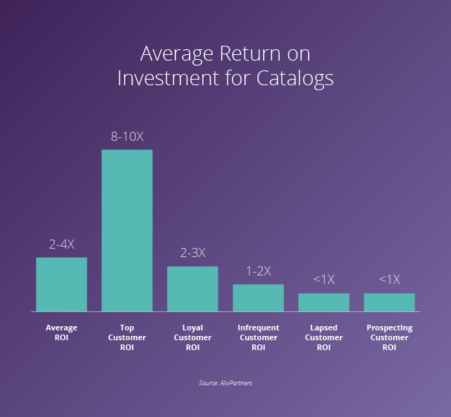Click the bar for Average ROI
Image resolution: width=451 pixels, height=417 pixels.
61,284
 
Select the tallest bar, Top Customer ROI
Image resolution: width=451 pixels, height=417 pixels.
127,230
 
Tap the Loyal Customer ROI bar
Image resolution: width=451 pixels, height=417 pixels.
192,289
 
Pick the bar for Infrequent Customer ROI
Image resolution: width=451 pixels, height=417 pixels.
258,297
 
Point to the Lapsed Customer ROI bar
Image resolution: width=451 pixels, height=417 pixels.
323,302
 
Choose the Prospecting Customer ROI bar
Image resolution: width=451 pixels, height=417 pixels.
389,302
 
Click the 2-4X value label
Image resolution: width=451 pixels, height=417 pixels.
61,244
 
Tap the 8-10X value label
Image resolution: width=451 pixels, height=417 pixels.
127,137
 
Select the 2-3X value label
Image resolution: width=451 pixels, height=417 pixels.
192,254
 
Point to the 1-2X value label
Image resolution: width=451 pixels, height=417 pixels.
258,271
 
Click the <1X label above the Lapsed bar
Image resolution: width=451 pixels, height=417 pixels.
323,280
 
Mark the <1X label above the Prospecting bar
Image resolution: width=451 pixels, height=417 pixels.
389,280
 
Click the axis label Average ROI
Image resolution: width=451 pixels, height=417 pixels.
61,332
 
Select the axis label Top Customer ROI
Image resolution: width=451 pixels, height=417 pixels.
127,337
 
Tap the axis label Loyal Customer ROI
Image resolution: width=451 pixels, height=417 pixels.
192,337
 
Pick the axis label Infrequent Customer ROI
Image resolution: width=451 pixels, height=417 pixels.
258,337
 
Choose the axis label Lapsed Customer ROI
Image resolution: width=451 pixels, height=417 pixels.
323,337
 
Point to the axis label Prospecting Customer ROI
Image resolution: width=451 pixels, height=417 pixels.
389,337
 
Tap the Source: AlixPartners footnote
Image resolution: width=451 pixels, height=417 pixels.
225,383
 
